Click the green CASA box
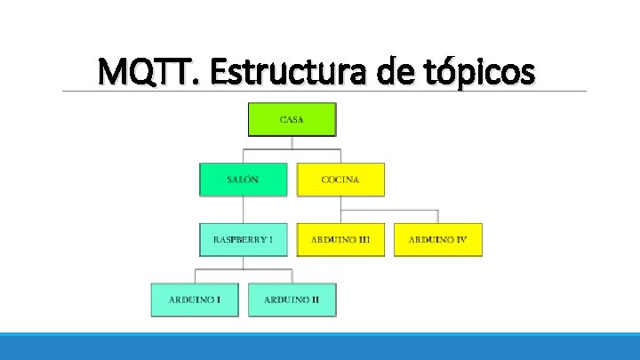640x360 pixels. coord(292,119)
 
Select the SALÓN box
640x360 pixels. coord(243,179)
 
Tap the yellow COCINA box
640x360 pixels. coord(340,179)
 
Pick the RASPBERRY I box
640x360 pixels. coord(243,239)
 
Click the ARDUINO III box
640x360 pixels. coord(340,239)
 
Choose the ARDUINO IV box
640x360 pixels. coord(438,239)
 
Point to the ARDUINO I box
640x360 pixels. coord(195,300)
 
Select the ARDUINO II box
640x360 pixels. coord(292,300)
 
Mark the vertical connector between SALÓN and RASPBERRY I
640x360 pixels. coord(244,209)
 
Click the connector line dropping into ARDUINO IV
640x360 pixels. coord(438,216)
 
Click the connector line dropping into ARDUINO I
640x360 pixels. coord(195,276)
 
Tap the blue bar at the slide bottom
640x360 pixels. coord(320,347)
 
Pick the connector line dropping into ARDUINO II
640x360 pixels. coord(292,276)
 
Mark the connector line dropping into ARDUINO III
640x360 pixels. coord(341,216)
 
